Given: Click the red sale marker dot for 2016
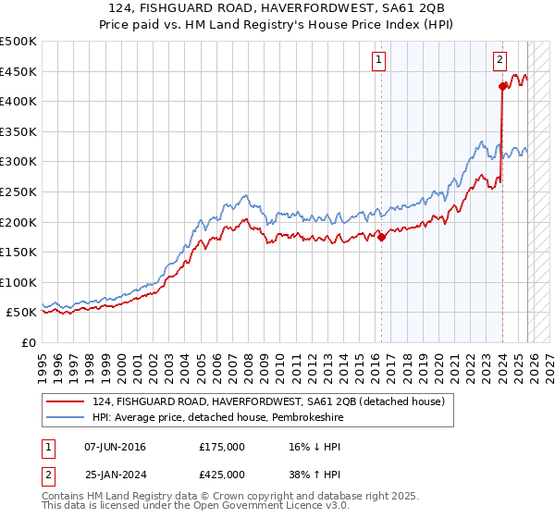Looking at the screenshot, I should [381, 237].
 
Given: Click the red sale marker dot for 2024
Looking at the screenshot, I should [502, 87].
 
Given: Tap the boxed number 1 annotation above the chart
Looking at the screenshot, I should [379, 60].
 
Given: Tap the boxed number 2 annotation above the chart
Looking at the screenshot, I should [499, 60].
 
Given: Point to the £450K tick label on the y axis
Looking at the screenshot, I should [19, 71].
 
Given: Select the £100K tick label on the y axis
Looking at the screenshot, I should [19, 282].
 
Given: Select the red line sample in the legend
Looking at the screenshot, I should [66, 401].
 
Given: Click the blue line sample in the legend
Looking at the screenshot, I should [66, 418].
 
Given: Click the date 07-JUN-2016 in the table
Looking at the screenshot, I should [115, 447].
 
